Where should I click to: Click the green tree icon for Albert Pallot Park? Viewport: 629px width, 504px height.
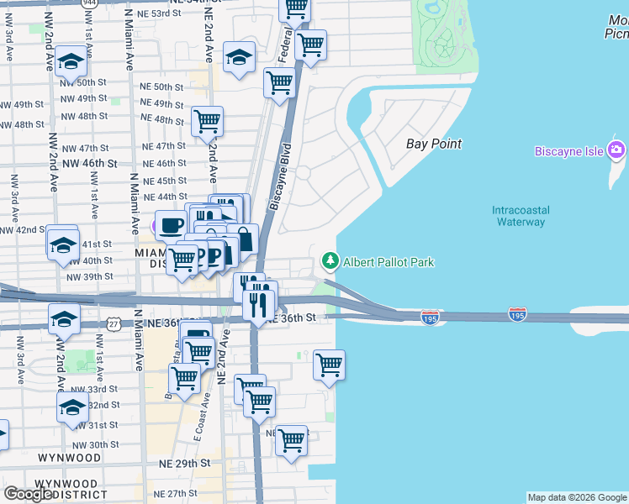coord(330,262)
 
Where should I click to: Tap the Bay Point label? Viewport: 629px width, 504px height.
coord(434,144)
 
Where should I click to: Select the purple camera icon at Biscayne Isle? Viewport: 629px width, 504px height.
coord(616,150)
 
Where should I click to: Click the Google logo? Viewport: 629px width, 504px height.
coord(28,494)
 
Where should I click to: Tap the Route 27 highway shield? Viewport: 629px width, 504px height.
coord(114,323)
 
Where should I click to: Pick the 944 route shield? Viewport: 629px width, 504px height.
coord(88,3)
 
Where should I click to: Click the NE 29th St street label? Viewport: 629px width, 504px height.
coord(180,464)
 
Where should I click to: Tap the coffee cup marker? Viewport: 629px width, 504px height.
coord(172,224)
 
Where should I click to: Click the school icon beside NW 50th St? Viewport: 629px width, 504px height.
coord(72,61)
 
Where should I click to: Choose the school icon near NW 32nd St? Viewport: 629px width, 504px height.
coord(73,408)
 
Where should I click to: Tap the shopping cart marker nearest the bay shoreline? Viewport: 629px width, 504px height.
coord(329,365)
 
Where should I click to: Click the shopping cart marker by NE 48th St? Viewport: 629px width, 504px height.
coord(207,121)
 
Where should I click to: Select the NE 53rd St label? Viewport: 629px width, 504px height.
coord(159,14)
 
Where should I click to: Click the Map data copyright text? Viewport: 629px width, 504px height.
coord(576,497)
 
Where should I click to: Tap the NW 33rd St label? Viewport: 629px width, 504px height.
coord(92,390)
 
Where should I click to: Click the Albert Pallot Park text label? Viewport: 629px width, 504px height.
coord(388,262)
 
